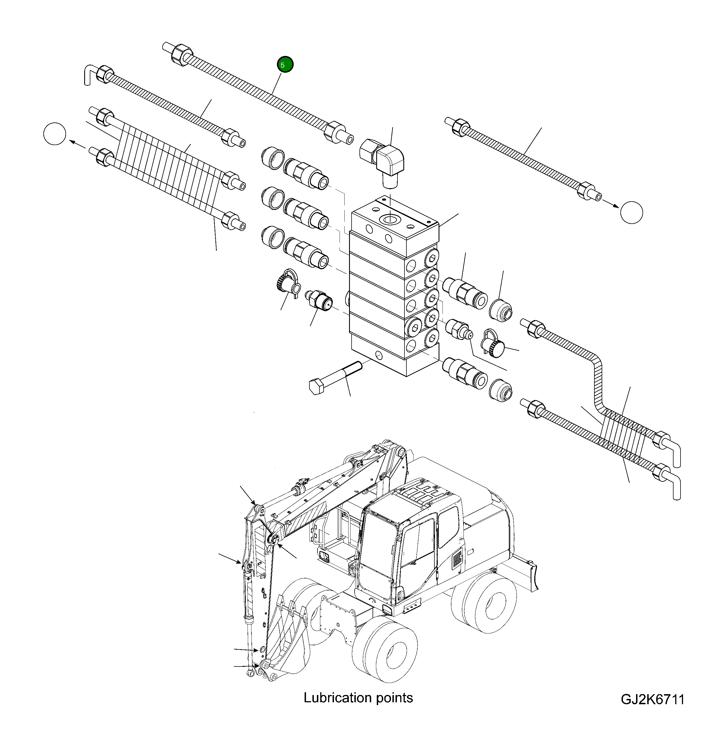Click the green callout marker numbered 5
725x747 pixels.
(x=285, y=64)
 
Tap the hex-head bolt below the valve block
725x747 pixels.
(x=336, y=377)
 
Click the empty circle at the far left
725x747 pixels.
(x=55, y=134)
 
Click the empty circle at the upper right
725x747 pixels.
(x=631, y=212)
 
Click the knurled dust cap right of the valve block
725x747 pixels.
(x=494, y=345)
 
